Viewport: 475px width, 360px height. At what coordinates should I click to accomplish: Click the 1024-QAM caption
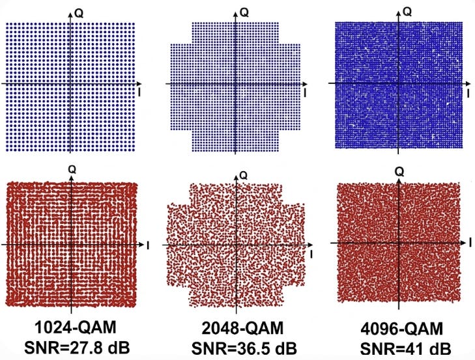tap(76, 327)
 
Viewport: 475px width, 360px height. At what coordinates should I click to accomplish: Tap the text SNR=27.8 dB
tap(77, 348)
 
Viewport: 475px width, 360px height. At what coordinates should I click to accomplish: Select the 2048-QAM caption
tap(242, 329)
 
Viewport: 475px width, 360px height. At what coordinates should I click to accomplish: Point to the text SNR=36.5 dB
tap(244, 348)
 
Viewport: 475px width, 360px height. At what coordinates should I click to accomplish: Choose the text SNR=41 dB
tap(405, 349)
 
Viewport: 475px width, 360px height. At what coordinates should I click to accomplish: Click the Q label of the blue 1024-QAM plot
tap(79, 14)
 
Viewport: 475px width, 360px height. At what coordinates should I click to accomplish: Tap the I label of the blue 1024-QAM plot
tap(139, 92)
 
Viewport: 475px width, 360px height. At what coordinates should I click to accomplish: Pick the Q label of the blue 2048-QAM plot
tap(244, 12)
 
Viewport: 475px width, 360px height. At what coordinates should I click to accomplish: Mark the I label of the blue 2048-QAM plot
tap(305, 93)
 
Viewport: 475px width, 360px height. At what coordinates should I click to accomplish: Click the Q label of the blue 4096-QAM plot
tap(408, 12)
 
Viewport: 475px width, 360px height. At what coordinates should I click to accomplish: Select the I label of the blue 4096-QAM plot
tap(468, 94)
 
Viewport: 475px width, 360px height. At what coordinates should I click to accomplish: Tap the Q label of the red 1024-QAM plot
tap(72, 169)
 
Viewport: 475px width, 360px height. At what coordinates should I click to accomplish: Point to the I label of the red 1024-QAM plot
tap(148, 245)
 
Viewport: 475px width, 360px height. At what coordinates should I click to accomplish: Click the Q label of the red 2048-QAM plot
tap(244, 175)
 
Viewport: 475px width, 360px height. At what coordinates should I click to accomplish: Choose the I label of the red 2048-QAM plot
tap(311, 255)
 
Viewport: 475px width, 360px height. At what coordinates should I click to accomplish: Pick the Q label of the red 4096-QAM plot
tap(399, 172)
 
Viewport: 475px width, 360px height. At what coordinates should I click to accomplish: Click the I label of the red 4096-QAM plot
tap(470, 242)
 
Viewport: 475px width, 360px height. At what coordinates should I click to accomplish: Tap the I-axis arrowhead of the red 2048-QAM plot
tap(310, 245)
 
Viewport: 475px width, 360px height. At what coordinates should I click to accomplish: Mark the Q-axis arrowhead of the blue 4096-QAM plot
tap(398, 13)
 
